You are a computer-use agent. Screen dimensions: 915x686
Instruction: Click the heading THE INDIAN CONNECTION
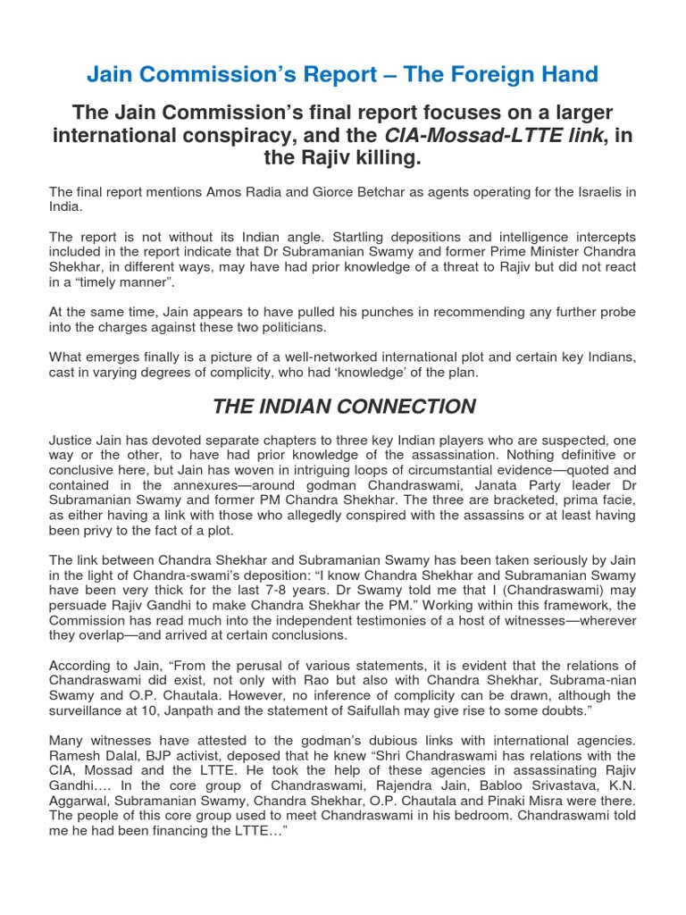pos(344,407)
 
